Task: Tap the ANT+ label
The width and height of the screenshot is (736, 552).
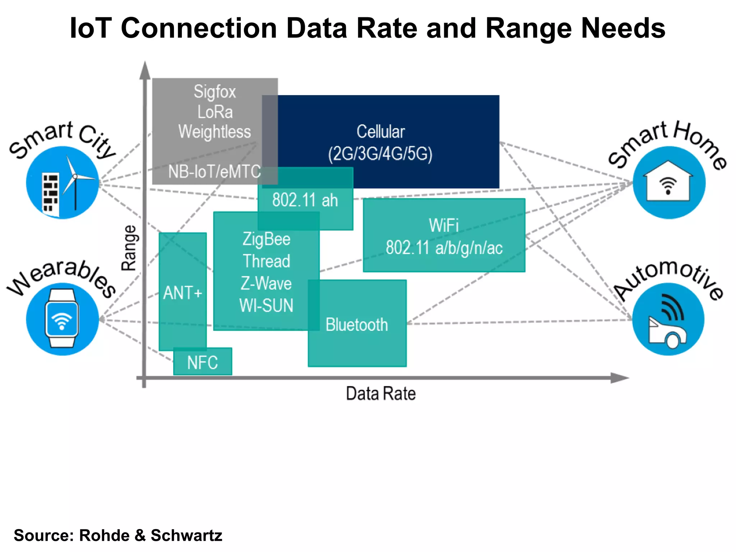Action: [x=183, y=293]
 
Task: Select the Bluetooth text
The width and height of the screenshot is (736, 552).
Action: [x=356, y=325]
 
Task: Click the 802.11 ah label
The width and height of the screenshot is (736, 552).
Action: [x=305, y=200]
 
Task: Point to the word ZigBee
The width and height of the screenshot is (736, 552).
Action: [x=266, y=239]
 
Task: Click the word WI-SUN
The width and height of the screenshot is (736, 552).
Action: [x=266, y=306]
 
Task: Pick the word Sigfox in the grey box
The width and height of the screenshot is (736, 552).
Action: [x=215, y=92]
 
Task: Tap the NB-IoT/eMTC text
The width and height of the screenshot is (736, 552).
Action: [x=215, y=172]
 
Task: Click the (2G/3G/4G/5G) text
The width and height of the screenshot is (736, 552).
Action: [x=380, y=154]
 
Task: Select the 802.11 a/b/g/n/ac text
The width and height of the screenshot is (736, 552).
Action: [x=444, y=248]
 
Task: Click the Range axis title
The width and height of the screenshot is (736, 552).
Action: [x=129, y=248]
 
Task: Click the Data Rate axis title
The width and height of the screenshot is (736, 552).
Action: [x=381, y=394]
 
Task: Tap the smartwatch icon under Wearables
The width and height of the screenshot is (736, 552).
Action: [x=62, y=318]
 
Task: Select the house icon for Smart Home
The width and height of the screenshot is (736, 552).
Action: [x=668, y=182]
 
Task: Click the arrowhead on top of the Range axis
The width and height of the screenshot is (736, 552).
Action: [x=144, y=70]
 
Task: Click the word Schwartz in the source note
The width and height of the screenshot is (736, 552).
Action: [x=186, y=535]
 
